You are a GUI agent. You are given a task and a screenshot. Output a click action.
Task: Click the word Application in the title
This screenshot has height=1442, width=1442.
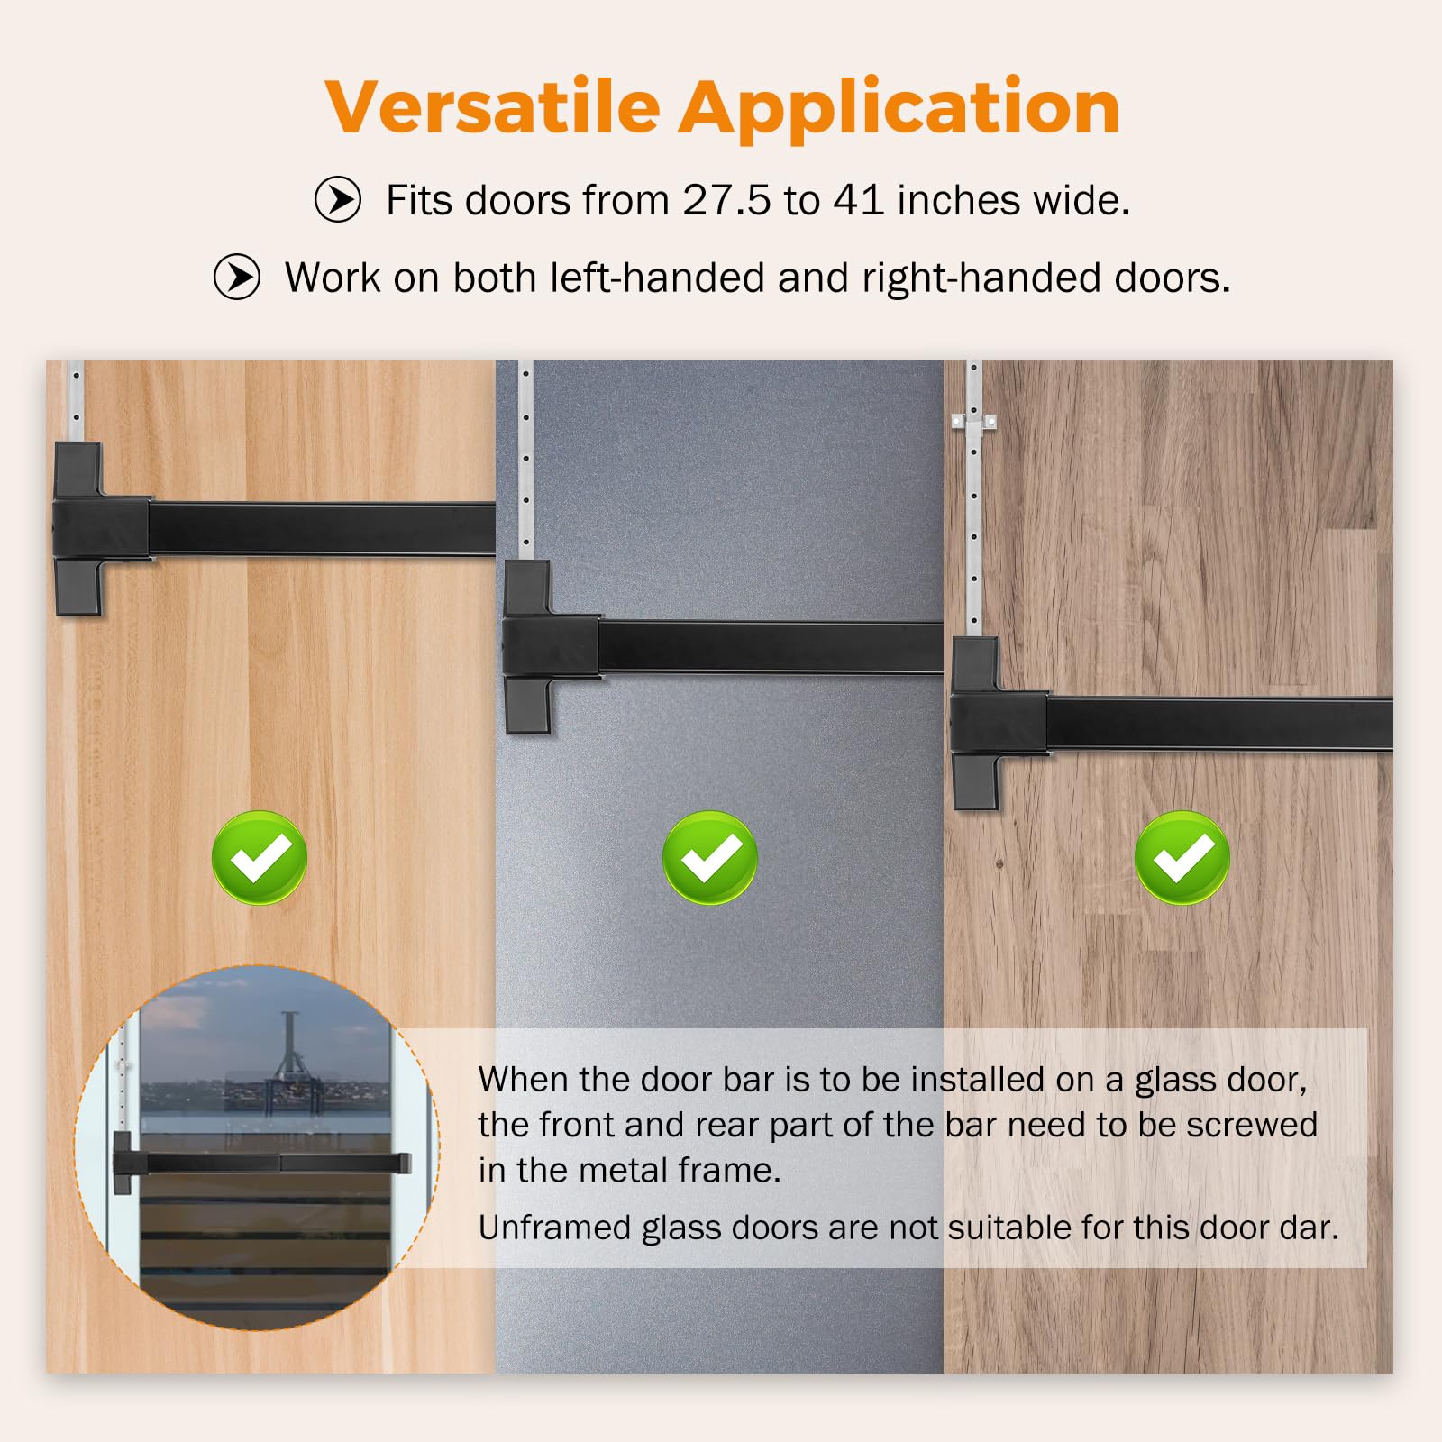pos(899,109)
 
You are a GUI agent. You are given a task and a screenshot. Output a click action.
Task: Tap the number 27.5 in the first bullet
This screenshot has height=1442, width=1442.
pos(726,200)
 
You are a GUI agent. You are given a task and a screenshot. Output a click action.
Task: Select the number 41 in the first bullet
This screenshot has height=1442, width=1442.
pos(858,200)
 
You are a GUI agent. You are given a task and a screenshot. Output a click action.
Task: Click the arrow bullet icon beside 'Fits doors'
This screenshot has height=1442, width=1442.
pos(338,199)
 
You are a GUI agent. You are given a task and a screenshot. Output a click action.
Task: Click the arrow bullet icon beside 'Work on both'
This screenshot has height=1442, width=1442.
pos(237,277)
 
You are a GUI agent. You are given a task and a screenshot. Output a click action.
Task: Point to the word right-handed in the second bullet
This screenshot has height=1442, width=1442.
pos(981,278)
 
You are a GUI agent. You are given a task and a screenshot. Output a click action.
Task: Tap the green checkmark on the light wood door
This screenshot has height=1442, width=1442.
pos(260,857)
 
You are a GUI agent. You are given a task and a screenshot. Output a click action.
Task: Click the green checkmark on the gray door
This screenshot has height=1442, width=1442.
pos(710,857)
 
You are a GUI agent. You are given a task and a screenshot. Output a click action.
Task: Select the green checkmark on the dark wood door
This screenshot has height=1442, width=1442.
pos(1182,857)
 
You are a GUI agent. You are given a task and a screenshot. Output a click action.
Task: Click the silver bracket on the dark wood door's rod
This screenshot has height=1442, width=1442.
pos(973,421)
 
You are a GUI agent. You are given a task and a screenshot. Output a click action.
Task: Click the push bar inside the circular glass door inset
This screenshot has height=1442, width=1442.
pos(262,1164)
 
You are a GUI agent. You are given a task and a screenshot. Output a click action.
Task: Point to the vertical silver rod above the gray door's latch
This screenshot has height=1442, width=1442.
pos(525,461)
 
